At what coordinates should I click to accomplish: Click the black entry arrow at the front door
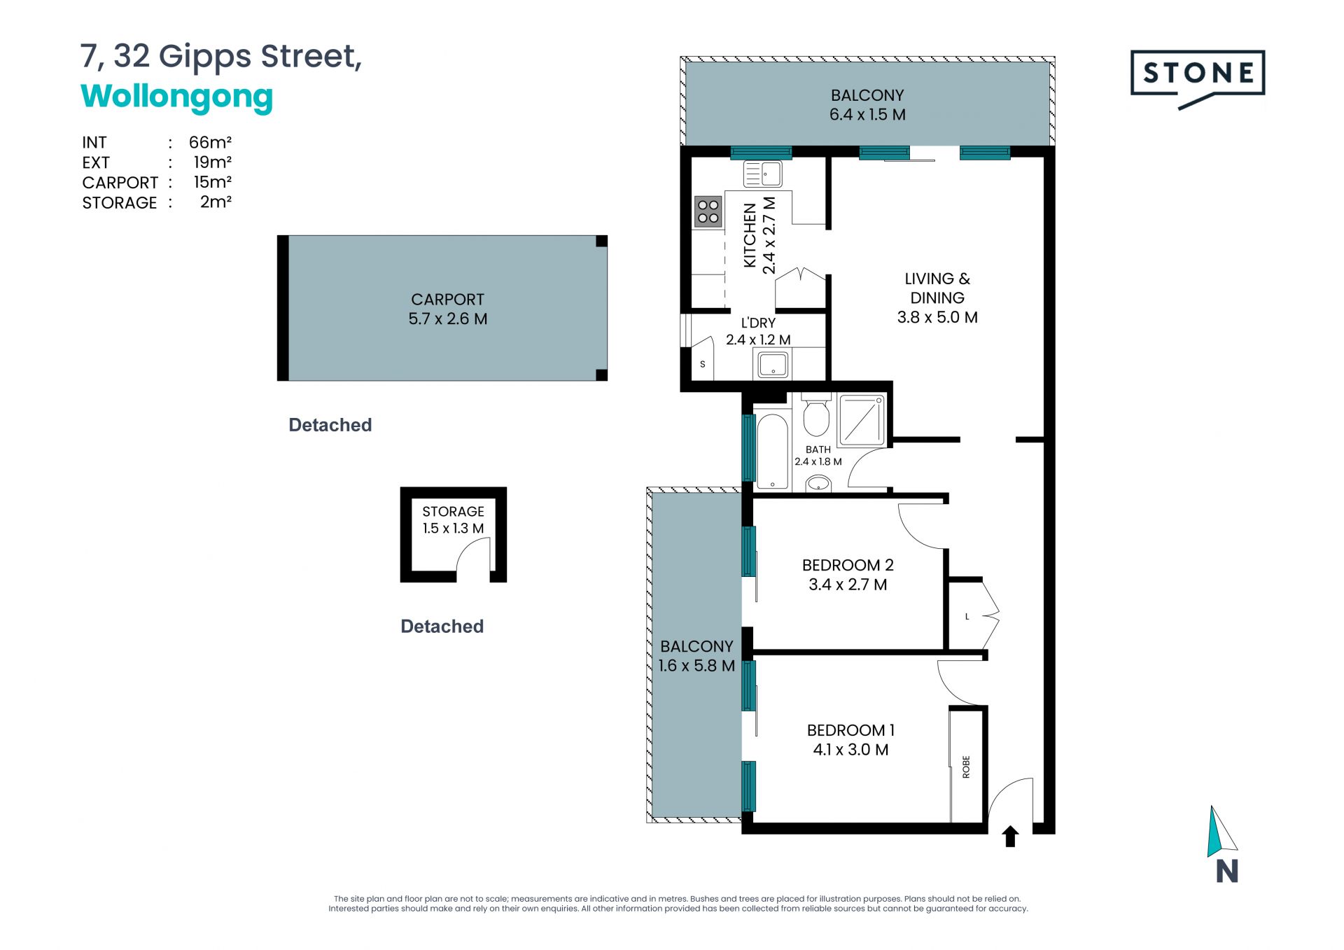[x=1010, y=836]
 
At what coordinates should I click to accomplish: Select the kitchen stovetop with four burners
[x=708, y=211]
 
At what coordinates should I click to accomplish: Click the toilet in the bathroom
[x=816, y=415]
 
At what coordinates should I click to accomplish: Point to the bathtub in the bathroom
[x=772, y=452]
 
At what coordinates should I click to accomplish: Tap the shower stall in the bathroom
[x=862, y=419]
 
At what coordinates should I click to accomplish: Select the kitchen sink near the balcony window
[x=762, y=174]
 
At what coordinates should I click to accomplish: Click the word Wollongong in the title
[x=176, y=97]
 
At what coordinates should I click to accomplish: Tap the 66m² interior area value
[x=210, y=142]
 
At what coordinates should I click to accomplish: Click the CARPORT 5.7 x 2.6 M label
[x=448, y=309]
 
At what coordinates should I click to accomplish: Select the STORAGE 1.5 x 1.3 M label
[x=453, y=520]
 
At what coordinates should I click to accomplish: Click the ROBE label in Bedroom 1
[x=966, y=767]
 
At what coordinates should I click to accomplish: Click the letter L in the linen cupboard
[x=967, y=617]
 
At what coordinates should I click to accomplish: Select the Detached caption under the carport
[x=330, y=425]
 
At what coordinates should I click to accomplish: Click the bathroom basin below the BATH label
[x=818, y=483]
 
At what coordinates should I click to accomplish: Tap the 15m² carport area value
[x=212, y=182]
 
